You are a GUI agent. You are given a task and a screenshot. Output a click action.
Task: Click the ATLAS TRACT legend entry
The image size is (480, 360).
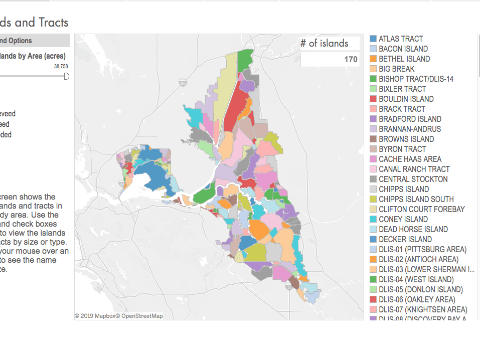(401, 39)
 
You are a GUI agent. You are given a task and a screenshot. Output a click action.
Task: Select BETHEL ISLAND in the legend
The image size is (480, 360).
(404, 59)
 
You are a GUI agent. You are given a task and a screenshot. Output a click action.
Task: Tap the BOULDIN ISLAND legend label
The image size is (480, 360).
(406, 99)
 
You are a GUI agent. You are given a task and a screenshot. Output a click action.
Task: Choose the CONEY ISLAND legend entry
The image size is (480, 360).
(403, 219)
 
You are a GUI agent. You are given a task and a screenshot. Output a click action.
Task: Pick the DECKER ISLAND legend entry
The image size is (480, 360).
(405, 239)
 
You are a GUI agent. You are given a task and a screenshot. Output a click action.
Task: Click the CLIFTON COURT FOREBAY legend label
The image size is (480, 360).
(422, 209)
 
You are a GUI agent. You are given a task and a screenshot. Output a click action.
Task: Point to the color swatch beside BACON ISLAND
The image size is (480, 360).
(373, 49)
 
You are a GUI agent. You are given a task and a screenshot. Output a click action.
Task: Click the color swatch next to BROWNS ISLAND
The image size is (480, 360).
(373, 139)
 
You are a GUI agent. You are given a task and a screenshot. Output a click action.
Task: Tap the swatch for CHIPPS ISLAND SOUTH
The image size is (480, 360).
(373, 199)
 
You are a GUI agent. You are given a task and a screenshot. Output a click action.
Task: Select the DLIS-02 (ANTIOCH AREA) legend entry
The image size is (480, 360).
(418, 259)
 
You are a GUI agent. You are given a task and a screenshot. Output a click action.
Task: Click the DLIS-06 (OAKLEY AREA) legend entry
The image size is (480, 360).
(417, 299)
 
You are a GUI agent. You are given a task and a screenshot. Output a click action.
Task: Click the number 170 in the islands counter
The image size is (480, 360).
(351, 60)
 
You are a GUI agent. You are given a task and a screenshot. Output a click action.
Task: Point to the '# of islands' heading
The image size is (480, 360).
(324, 43)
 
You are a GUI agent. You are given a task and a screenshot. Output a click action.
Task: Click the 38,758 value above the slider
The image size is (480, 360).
(61, 66)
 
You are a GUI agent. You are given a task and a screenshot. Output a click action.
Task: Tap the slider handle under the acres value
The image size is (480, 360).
(66, 76)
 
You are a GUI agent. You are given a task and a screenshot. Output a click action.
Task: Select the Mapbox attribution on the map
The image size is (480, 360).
(97, 316)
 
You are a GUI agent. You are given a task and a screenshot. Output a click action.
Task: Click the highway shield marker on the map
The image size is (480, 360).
(183, 82)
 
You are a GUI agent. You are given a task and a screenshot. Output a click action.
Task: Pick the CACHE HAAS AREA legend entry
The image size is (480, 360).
(410, 159)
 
